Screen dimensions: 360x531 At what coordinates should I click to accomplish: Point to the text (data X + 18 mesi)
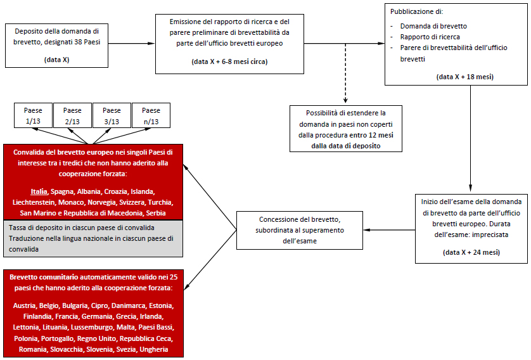tap(465, 77)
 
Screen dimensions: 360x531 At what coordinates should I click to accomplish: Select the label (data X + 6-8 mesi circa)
tap(229, 61)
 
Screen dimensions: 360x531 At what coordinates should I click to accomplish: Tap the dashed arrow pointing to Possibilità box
tap(345, 82)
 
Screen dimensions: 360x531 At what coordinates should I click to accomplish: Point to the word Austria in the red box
tap(25, 305)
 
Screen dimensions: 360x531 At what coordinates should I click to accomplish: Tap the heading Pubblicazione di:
tap(418, 11)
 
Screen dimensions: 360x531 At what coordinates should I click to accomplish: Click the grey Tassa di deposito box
tap(93, 237)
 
